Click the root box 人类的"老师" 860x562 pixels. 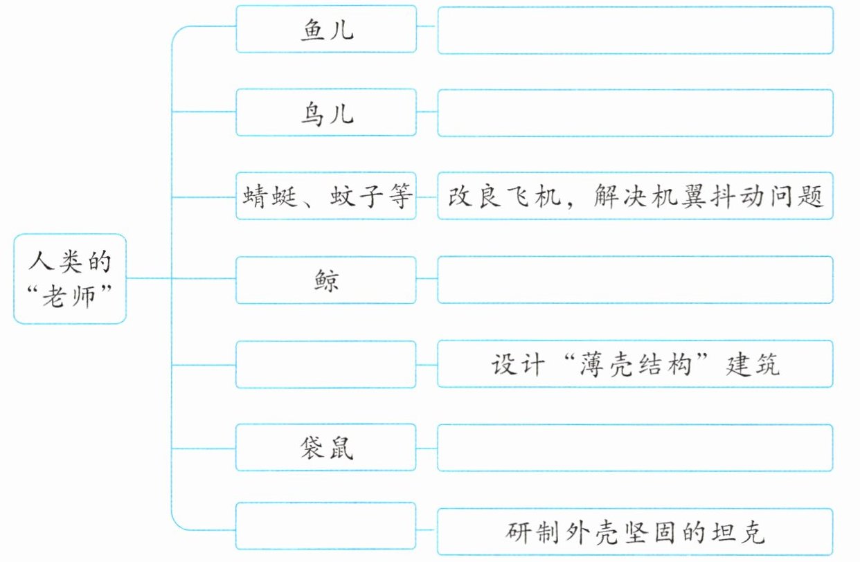point(70,279)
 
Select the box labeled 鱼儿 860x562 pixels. point(326,29)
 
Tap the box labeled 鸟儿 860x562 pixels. point(326,113)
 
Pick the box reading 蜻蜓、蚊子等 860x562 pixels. point(326,196)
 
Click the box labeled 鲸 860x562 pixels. point(326,280)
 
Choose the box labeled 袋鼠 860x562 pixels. point(326,447)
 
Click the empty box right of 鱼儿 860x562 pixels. point(636,30)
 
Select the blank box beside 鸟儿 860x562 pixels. point(636,113)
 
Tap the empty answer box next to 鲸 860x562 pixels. point(636,280)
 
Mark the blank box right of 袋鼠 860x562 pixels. point(636,448)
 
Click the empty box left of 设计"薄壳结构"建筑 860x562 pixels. point(326,364)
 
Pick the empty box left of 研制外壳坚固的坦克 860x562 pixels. point(326,526)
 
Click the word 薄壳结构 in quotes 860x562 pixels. point(636,364)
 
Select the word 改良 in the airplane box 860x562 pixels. point(474,196)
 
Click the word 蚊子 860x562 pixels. point(357,196)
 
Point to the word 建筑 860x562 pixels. point(753,364)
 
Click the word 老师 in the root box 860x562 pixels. point(69,297)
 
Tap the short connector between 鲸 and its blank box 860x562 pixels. point(427,279)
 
